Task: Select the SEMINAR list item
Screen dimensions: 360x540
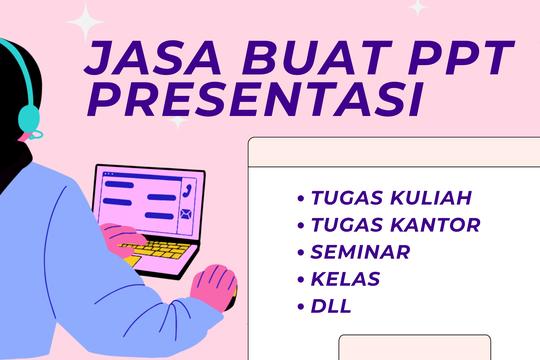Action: pos(360,251)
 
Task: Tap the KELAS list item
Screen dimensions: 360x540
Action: pos(345,278)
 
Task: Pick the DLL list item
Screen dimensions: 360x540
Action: pos(331,306)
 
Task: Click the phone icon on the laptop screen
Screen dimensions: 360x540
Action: pos(186,188)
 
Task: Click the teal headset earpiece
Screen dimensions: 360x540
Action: pos(29,120)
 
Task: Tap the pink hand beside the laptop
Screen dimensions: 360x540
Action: pos(216,289)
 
